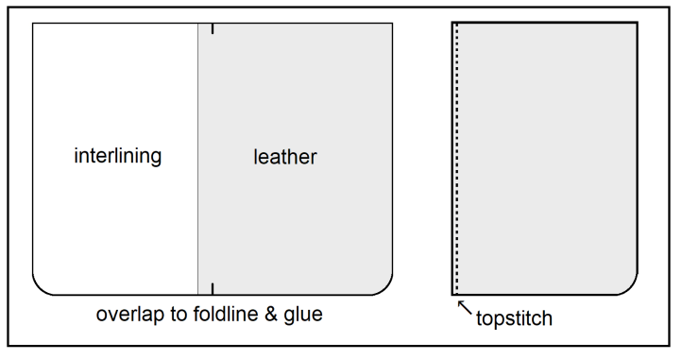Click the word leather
coord(284,157)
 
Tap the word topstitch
coord(515,318)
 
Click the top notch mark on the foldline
coord(213,29)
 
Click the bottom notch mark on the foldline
coord(213,288)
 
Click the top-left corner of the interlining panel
coord(33,24)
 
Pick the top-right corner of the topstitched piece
coord(636,23)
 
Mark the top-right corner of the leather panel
coord(392,24)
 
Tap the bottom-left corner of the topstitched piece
coord(452,294)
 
